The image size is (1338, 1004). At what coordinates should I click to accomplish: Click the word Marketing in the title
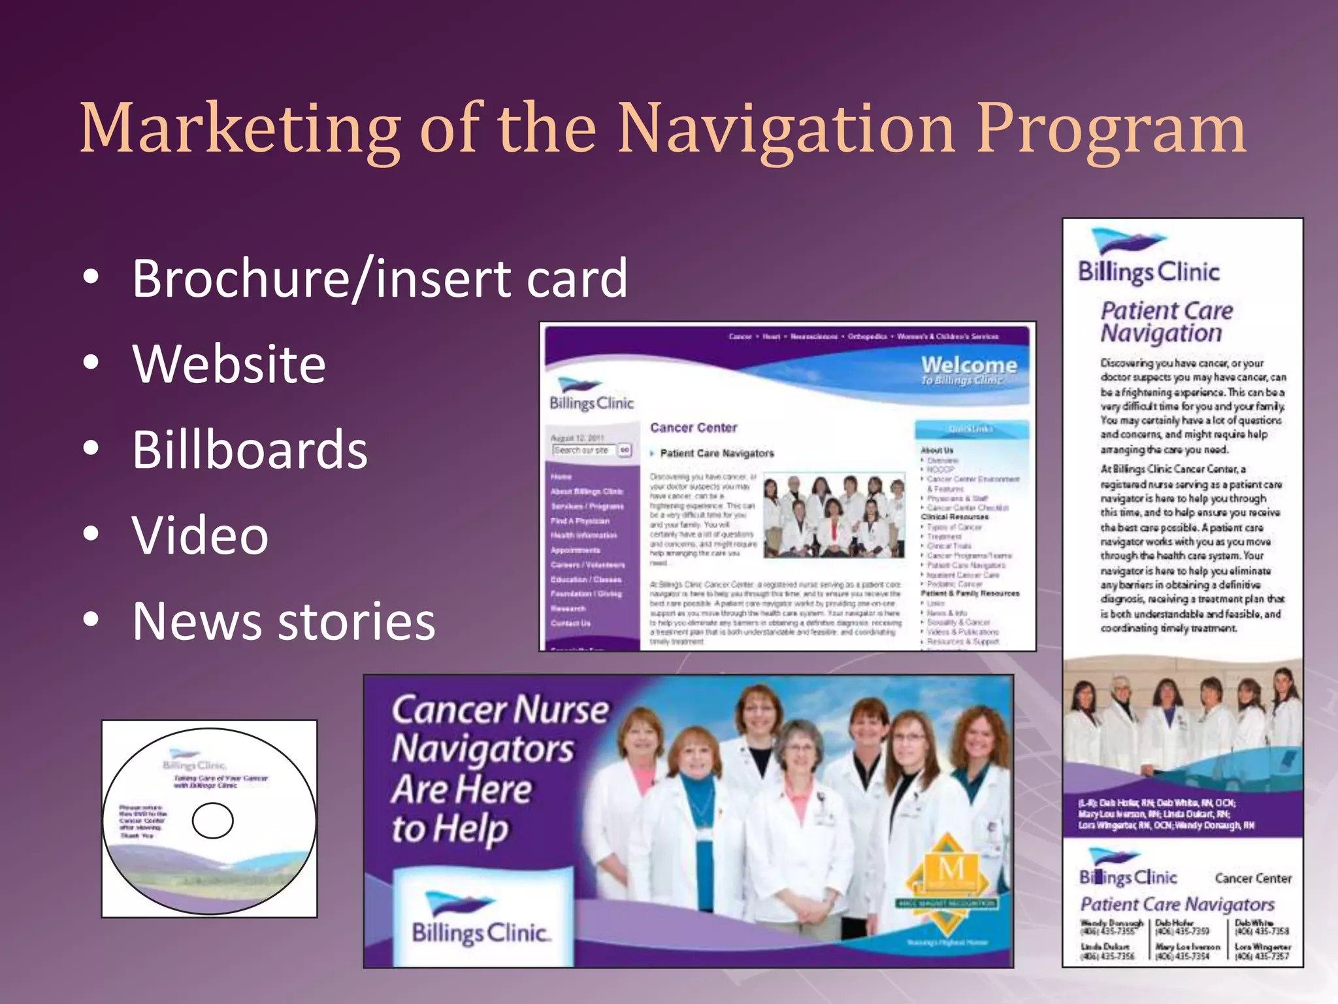(240, 129)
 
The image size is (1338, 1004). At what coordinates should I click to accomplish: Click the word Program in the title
(1111, 129)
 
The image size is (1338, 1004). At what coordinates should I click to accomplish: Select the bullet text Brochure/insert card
(380, 279)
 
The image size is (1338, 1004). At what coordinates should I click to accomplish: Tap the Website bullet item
(229, 364)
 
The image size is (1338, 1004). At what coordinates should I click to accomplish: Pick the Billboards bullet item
(250, 450)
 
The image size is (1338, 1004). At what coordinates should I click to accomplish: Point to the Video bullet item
(200, 535)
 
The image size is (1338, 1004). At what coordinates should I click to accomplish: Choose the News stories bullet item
(284, 621)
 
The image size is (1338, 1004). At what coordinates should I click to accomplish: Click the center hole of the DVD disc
(212, 820)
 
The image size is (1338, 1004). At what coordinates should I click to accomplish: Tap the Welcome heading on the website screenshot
(969, 365)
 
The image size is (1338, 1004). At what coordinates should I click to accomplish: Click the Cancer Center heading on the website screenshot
(693, 427)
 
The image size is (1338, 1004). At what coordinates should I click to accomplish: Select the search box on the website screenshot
(583, 450)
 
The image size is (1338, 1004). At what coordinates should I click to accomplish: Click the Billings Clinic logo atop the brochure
(1148, 258)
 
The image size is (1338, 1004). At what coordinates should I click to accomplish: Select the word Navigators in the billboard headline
(483, 750)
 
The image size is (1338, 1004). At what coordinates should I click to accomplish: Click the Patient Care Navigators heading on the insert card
(1177, 904)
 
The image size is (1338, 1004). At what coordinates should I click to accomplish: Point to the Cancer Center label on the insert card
(1253, 878)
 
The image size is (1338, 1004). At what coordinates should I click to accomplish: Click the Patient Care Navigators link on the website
(717, 453)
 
